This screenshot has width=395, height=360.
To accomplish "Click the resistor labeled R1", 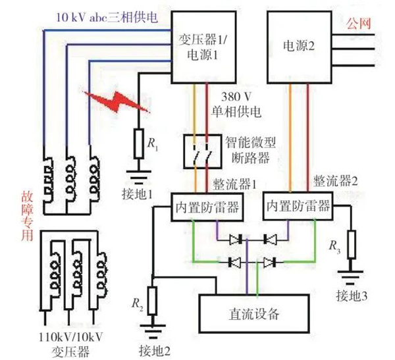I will (139, 143).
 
